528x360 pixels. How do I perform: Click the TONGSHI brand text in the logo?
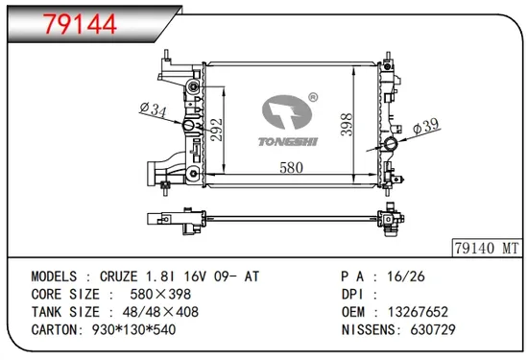pyautogui.click(x=286, y=137)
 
